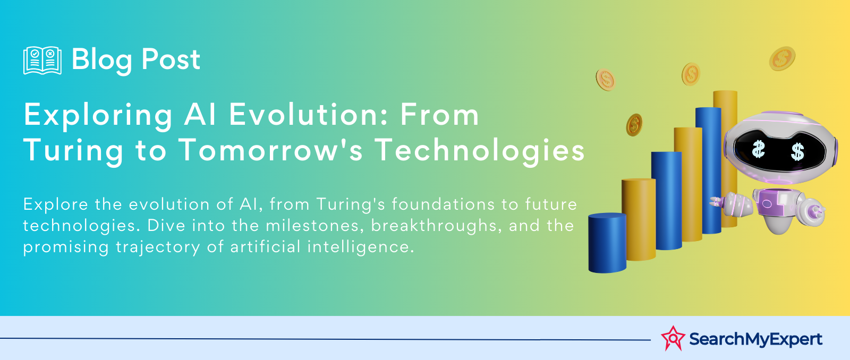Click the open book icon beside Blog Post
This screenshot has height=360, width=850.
point(42,61)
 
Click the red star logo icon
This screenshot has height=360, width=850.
point(673,338)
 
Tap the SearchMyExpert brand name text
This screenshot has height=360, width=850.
point(755,339)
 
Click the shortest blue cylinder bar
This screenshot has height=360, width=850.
point(607,243)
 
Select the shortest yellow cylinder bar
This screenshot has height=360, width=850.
point(639,219)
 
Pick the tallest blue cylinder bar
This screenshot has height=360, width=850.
point(709,170)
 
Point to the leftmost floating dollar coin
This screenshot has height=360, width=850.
point(605,80)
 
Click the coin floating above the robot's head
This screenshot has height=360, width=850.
point(782,58)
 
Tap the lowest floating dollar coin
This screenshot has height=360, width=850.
point(634,125)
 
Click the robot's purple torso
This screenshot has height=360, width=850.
point(772,203)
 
